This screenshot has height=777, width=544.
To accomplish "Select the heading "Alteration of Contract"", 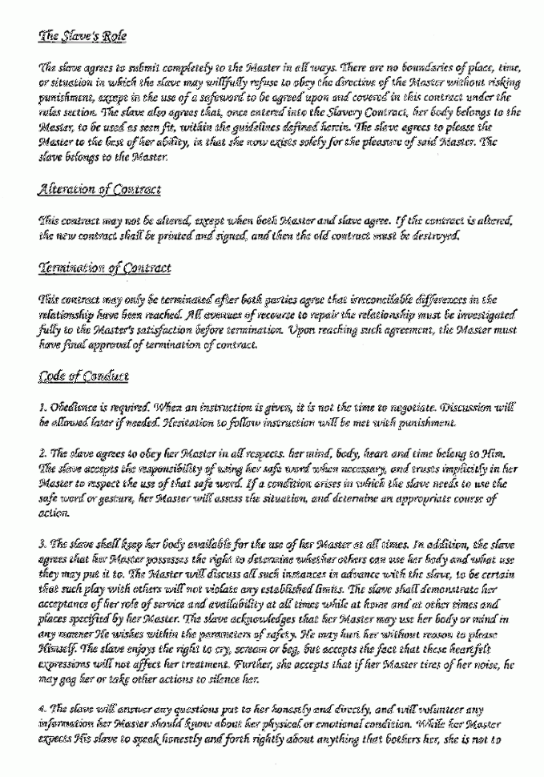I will [99, 190].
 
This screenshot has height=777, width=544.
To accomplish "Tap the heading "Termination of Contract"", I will [104, 268].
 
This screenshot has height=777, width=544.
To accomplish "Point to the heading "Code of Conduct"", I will [83, 376].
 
